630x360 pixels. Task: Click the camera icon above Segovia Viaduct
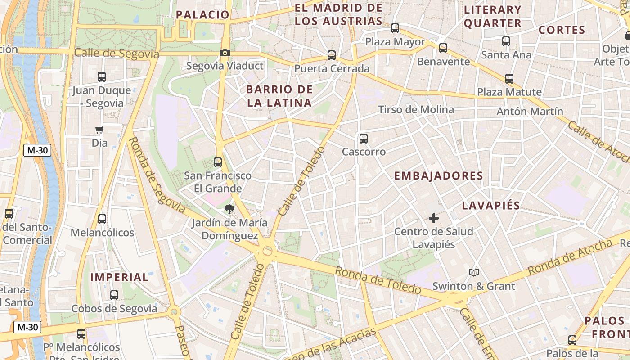[225, 53]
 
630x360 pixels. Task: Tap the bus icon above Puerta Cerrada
[332, 55]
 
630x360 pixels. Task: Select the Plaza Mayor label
[395, 42]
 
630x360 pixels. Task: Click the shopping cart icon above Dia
[99, 130]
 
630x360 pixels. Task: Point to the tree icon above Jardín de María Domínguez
[229, 209]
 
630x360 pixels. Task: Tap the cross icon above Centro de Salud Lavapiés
[434, 219]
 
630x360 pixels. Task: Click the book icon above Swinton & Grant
[473, 272]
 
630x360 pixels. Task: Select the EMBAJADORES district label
[439, 176]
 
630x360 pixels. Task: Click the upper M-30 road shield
[37, 151]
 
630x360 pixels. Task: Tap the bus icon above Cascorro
[364, 139]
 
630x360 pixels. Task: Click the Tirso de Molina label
[416, 109]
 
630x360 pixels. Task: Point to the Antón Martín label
[530, 111]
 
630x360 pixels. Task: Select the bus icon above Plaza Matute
[509, 79]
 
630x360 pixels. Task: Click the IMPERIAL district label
[119, 277]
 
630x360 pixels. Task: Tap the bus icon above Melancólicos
[102, 219]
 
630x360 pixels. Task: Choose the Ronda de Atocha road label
[570, 257]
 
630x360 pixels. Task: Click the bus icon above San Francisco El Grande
[218, 162]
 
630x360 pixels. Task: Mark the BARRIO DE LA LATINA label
[279, 96]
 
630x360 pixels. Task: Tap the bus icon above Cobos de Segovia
[114, 295]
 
